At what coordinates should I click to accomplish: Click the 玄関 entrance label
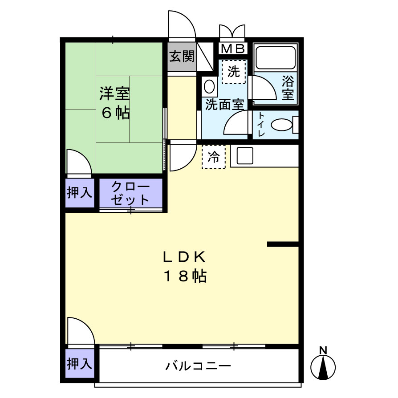[182, 57]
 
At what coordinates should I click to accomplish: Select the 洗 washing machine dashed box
[234, 71]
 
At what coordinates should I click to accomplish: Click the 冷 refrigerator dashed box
[214, 156]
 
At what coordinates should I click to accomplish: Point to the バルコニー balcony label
[199, 367]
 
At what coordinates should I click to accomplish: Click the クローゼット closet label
[130, 192]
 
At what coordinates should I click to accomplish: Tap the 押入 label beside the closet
[80, 193]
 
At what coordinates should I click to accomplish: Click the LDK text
[183, 257]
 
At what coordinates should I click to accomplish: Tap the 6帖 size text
[115, 114]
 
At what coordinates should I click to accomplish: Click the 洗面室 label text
[224, 105]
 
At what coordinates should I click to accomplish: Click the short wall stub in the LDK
[282, 244]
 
